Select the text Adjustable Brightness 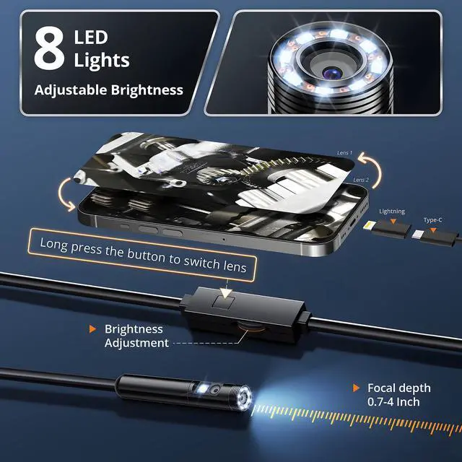[109, 90]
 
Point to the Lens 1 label [345, 153]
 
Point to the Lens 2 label [362, 180]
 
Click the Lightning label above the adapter [392, 212]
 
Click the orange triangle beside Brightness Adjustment [92, 329]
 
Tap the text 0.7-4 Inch [393, 401]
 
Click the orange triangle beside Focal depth [357, 388]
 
